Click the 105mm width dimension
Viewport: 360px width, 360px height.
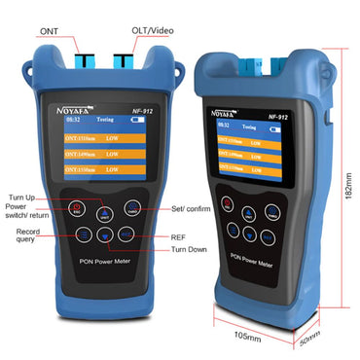[246, 337]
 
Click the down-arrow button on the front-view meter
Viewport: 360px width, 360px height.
[105, 234]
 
